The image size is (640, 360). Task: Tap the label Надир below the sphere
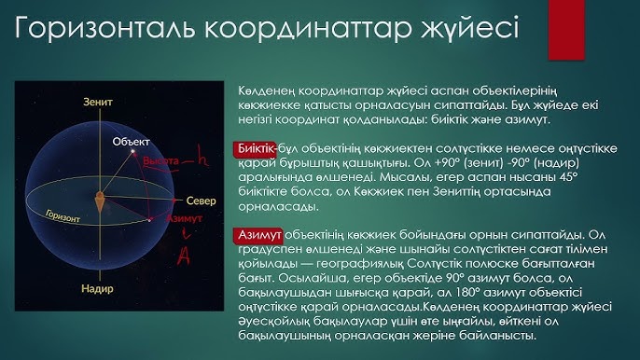pyautogui.click(x=97, y=291)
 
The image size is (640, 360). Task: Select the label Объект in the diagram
pyautogui.click(x=131, y=141)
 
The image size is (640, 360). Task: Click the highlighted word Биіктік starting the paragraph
pyautogui.click(x=257, y=148)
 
